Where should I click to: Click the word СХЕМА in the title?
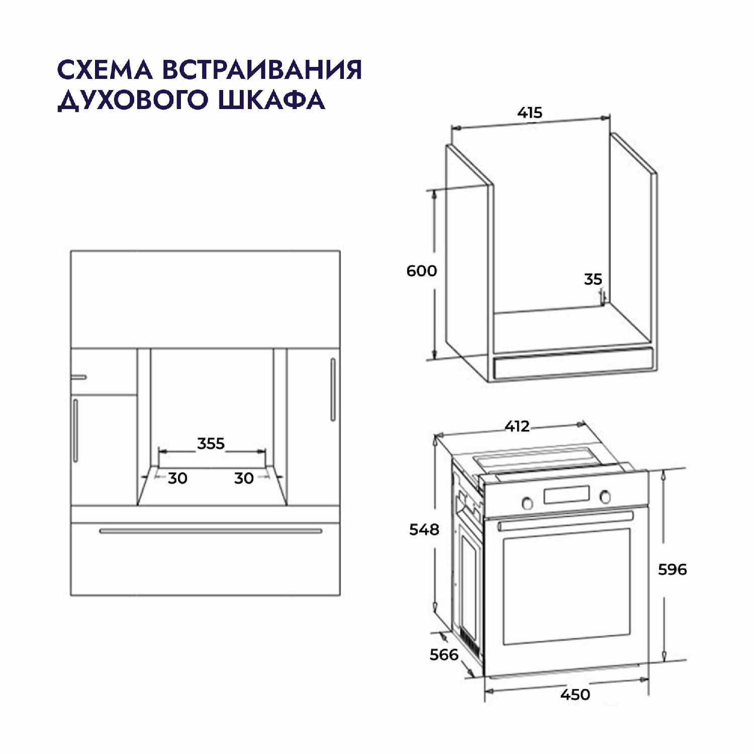point(105,70)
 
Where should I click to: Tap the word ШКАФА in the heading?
point(271,100)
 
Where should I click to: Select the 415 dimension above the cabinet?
point(530,113)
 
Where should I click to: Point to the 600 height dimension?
point(422,271)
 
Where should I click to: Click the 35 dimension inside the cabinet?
point(593,279)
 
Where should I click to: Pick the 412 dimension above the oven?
point(517,426)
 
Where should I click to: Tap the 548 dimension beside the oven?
point(424,529)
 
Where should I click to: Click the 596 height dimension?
point(672,570)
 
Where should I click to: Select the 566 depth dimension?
point(444,654)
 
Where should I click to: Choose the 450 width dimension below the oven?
point(575,695)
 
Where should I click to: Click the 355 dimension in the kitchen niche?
point(211,444)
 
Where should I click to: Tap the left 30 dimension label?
point(177,478)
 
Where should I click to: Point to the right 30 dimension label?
point(244,478)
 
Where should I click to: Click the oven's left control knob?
point(527,502)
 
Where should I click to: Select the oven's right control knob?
point(605,497)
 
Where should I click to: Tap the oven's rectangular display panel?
point(566,495)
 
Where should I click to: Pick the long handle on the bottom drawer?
point(211,531)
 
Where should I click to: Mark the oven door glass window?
point(567,586)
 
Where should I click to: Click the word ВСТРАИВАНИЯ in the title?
point(261,70)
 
